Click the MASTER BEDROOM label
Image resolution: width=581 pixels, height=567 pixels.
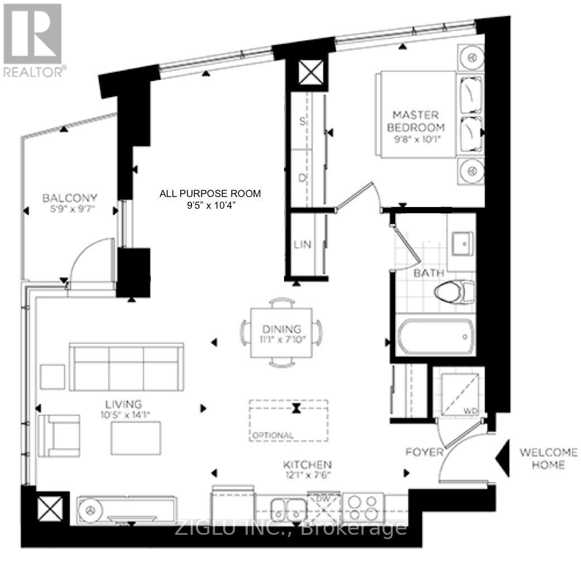(x=415, y=121)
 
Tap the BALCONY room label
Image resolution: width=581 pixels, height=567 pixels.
(x=70, y=198)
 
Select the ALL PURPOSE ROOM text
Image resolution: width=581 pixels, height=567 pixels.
(x=210, y=194)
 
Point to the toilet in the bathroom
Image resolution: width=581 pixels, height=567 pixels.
(x=453, y=292)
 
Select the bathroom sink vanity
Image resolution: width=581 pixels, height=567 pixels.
(x=462, y=244)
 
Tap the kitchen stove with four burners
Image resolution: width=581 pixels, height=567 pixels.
(x=363, y=507)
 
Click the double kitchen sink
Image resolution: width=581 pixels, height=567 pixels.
(x=288, y=508)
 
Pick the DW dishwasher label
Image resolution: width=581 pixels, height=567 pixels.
(x=323, y=497)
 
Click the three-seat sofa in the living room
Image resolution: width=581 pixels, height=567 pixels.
(x=127, y=368)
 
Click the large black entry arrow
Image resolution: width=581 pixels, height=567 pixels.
(x=503, y=458)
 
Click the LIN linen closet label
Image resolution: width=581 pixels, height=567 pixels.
(x=302, y=244)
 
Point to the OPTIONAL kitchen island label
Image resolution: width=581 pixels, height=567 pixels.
(x=272, y=435)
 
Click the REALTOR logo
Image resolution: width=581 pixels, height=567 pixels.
(x=33, y=39)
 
